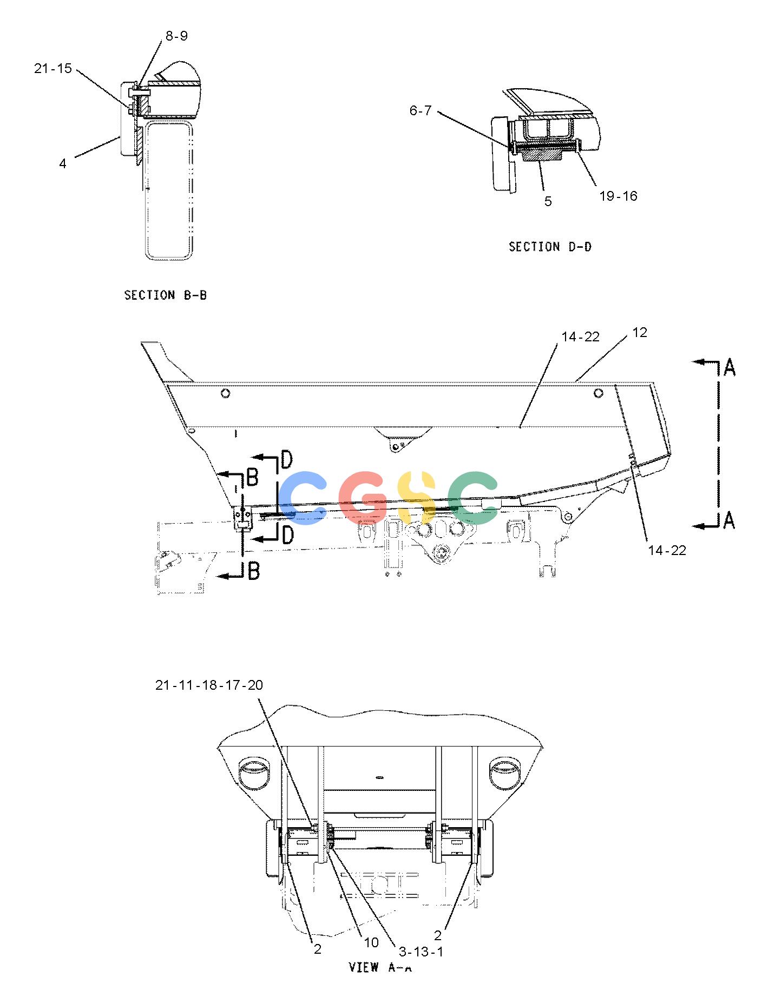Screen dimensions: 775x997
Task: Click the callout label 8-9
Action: click(176, 36)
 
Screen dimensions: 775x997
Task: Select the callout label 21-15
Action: click(53, 68)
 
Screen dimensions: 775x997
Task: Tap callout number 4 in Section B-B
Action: click(63, 163)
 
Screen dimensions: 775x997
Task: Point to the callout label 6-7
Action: click(421, 110)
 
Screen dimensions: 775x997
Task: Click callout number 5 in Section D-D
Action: click(548, 201)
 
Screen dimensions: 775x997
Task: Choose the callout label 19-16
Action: click(619, 196)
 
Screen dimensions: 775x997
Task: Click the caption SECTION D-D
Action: click(550, 247)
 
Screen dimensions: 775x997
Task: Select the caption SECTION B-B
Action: click(166, 295)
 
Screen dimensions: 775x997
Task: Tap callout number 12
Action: click(640, 332)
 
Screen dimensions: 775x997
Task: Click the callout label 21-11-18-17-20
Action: click(209, 685)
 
